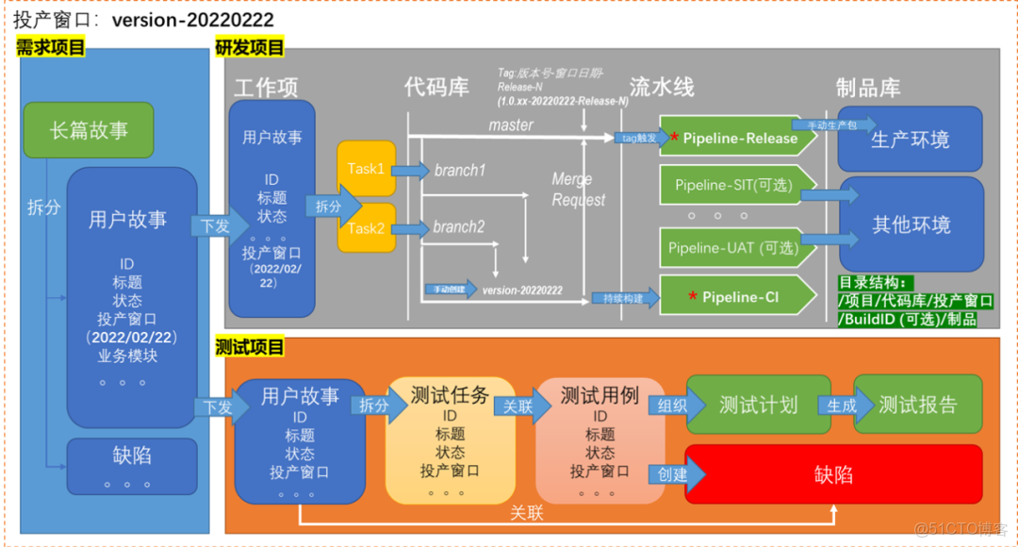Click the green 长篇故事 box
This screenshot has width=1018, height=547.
[89, 130]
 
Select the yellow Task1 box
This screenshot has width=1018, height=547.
[366, 170]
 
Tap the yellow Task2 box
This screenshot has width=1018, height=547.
[366, 228]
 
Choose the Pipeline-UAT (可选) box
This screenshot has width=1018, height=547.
[732, 248]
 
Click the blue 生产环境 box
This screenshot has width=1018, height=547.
[910, 139]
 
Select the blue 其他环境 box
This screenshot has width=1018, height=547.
[911, 224]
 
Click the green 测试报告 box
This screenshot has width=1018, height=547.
[917, 406]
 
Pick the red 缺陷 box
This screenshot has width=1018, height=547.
[833, 474]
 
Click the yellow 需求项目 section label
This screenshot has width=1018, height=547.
[51, 47]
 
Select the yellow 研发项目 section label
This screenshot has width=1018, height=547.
[250, 47]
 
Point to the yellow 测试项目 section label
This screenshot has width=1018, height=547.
[250, 347]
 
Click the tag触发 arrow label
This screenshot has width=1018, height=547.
[639, 138]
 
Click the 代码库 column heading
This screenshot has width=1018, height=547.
[436, 88]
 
